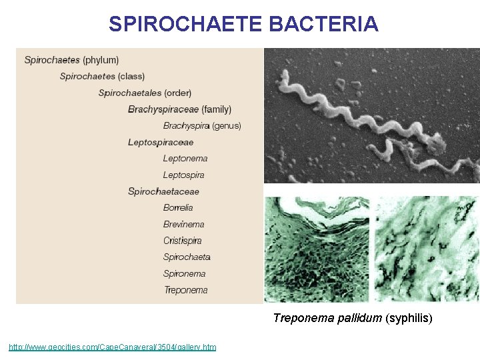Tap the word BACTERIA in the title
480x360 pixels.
coord(325,25)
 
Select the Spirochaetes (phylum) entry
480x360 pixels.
coord(71,60)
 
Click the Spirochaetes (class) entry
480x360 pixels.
coord(102,76)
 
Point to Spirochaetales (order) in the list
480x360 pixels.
coord(145,93)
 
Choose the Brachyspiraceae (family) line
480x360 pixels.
coord(179,109)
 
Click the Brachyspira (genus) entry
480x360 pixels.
coord(202,125)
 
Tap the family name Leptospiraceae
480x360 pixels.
coord(161,142)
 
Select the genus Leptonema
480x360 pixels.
coord(185,158)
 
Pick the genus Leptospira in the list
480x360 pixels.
coord(184,175)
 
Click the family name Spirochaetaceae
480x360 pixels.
coord(163,191)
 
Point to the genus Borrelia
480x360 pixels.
coord(178,207)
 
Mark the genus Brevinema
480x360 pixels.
coord(184,224)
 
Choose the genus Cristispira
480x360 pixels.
coord(183,241)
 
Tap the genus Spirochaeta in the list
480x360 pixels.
coord(187,257)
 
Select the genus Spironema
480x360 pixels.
coord(184,273)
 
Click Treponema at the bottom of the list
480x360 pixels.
coord(185,290)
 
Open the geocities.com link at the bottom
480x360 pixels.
coord(112,347)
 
